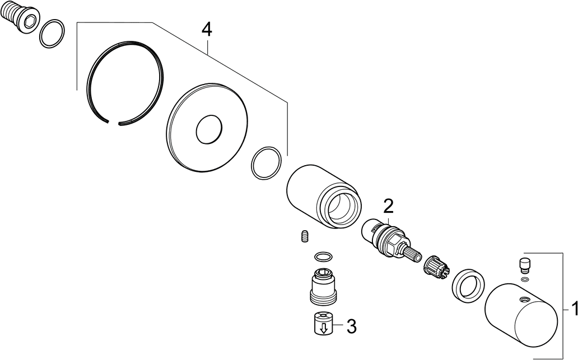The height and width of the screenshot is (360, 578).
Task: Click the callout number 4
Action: (207, 30)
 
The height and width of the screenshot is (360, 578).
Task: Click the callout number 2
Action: (388, 207)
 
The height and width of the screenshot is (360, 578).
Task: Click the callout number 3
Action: (352, 326)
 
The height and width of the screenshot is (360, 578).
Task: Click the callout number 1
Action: (574, 309)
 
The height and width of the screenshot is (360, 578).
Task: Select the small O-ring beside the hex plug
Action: (52, 34)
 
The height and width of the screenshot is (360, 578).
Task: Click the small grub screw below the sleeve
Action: (305, 236)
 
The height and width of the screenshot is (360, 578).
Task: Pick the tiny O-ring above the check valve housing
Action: (324, 256)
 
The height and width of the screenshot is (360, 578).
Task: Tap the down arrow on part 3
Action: (324, 328)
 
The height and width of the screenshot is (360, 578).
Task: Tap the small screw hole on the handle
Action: (524, 298)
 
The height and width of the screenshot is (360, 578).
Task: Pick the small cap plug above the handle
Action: (525, 265)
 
